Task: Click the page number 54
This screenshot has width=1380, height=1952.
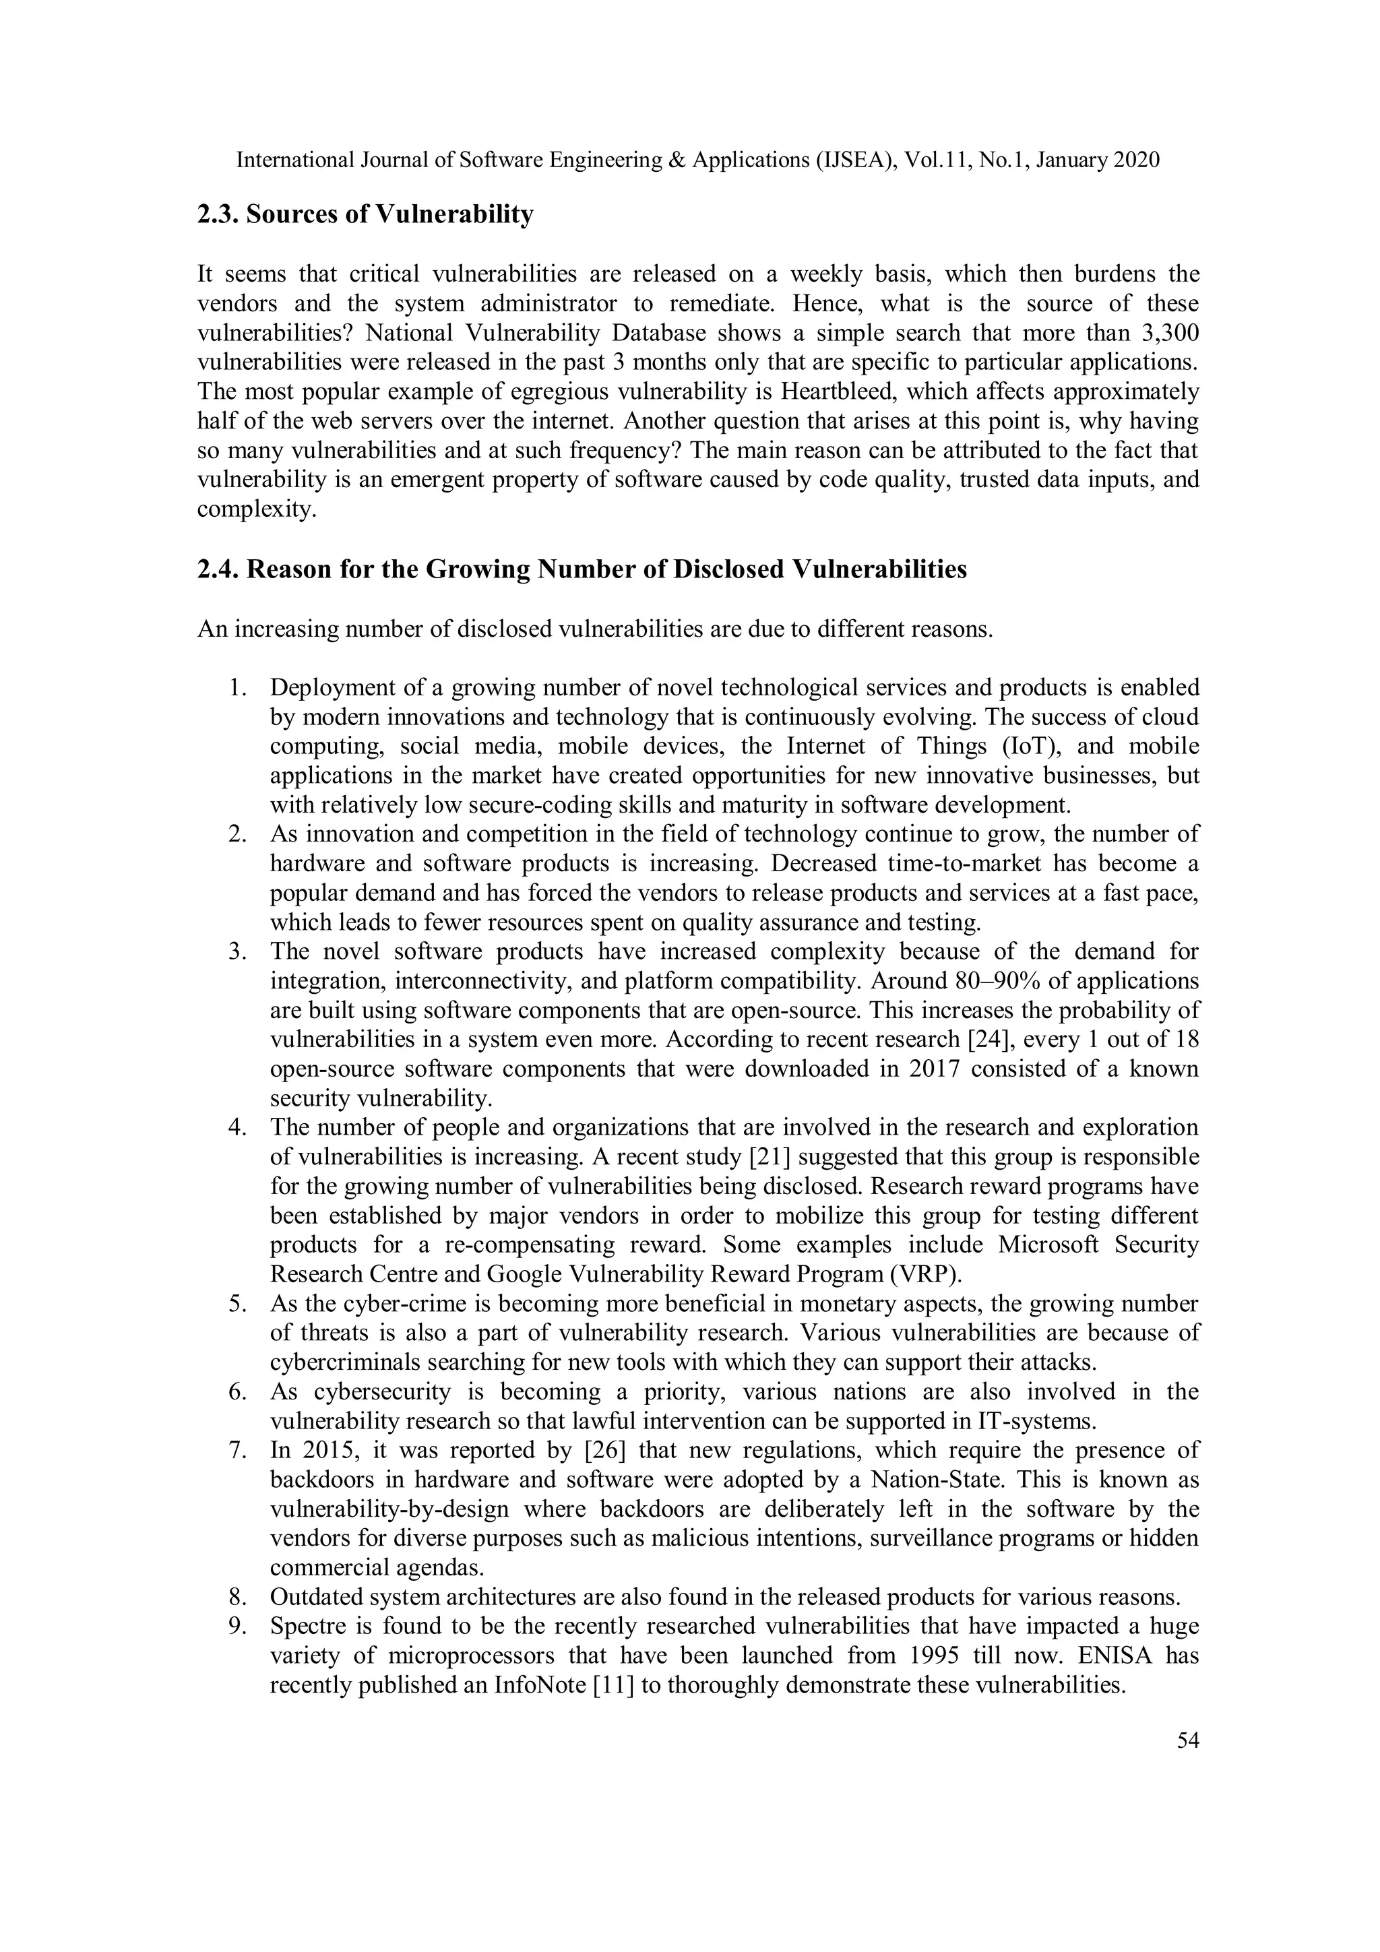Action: (1187, 1740)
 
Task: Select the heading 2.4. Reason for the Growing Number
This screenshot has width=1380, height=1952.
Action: (582, 569)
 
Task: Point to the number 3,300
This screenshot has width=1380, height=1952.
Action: (1168, 334)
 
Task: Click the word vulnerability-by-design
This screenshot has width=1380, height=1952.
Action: (389, 1509)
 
